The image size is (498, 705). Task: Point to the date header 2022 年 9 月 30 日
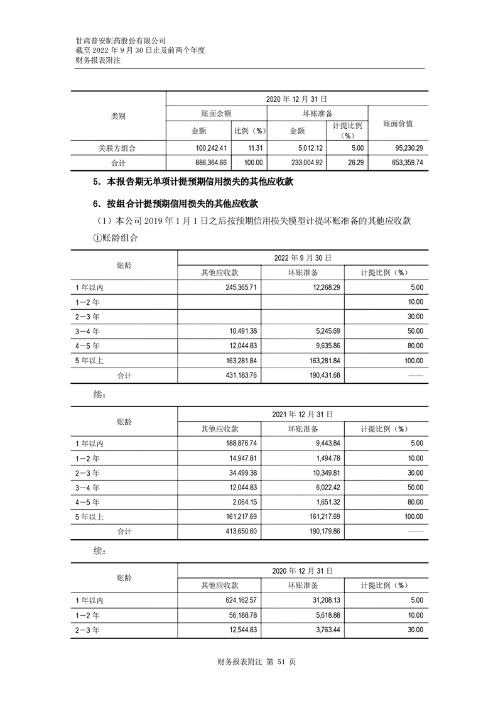click(x=303, y=258)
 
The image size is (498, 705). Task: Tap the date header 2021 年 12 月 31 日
click(x=303, y=415)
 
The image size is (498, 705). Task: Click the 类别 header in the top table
click(x=118, y=116)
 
